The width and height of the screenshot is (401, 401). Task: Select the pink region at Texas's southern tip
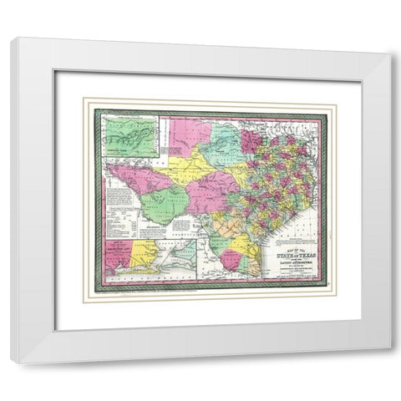(229, 261)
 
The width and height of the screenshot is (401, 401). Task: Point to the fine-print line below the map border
(209, 292)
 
